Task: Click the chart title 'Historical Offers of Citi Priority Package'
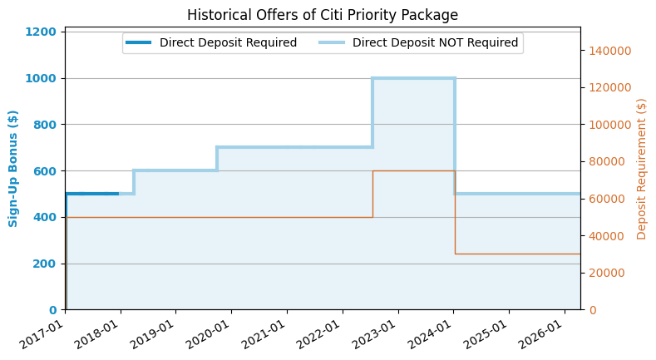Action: click(322, 15)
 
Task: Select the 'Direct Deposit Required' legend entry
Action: click(211, 42)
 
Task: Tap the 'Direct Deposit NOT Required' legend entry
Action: click(418, 42)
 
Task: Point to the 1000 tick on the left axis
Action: click(41, 79)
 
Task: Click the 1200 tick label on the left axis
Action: click(41, 32)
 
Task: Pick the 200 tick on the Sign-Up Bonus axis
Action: click(45, 264)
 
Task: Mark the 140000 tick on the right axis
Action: click(610, 51)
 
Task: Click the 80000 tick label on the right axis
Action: click(607, 161)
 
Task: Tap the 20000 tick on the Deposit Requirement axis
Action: click(607, 273)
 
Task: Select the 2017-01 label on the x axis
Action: click(42, 336)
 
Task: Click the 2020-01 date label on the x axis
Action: click(208, 336)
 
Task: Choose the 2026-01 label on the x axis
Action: click(541, 336)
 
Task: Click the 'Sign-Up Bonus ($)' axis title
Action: click(13, 169)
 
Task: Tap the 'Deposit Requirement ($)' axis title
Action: click(641, 169)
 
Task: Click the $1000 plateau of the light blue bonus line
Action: click(413, 78)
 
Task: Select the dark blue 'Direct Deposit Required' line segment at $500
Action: click(92, 194)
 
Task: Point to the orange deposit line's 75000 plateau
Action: click(414, 170)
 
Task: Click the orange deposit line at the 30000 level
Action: click(517, 254)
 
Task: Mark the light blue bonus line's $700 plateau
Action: click(294, 147)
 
